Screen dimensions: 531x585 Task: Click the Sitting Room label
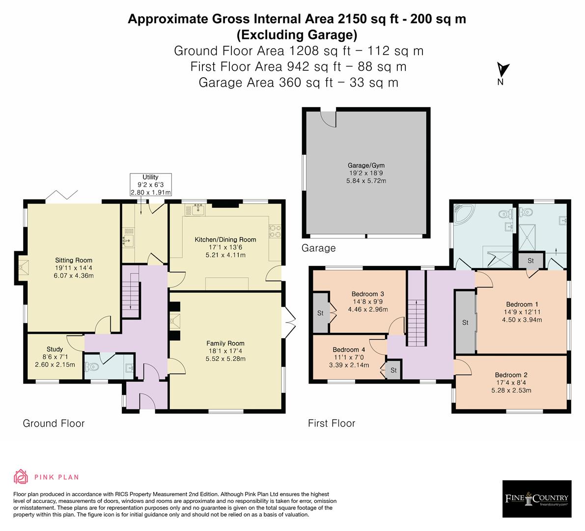pyautogui.click(x=74, y=260)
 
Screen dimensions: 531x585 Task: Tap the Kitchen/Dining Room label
pyautogui.click(x=225, y=239)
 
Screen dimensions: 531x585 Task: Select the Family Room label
pyautogui.click(x=225, y=343)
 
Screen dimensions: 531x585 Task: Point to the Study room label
pyautogui.click(x=55, y=350)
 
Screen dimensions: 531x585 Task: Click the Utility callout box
pyautogui.click(x=151, y=185)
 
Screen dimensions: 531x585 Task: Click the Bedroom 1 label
pyautogui.click(x=522, y=304)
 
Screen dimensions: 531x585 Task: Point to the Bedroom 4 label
pyautogui.click(x=349, y=350)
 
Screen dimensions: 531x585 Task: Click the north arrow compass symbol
pyautogui.click(x=503, y=71)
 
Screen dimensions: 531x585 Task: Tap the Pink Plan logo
pyautogui.click(x=46, y=476)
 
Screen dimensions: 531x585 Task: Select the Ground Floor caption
pyautogui.click(x=54, y=423)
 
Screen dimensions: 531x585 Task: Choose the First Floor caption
pyautogui.click(x=332, y=423)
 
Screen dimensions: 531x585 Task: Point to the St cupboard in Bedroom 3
pyautogui.click(x=320, y=313)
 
